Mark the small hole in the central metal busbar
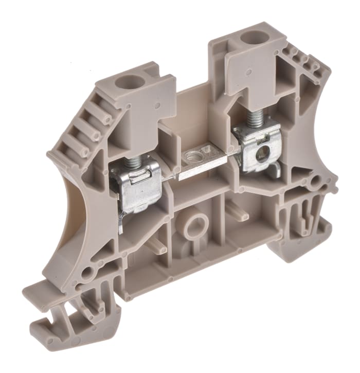click(x=194, y=155)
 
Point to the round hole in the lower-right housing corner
click(x=315, y=181)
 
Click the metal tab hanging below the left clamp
click(x=120, y=222)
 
